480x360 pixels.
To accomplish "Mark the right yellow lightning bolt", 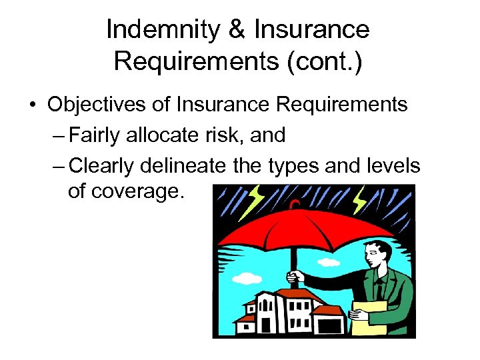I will (361, 199).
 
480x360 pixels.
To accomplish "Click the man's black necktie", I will (379, 289).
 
